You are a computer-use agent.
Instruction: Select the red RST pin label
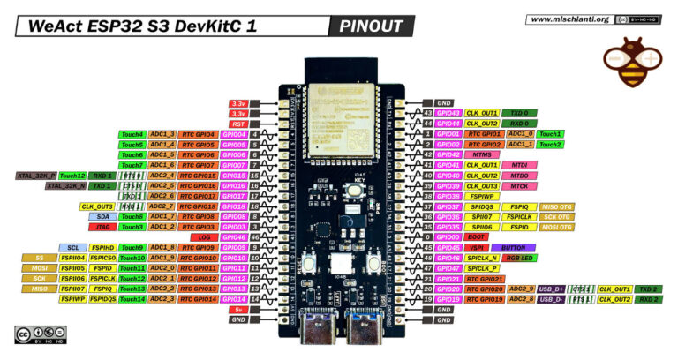click(238, 124)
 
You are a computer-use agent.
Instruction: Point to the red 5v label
click(238, 309)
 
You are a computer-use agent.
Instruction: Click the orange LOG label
click(204, 237)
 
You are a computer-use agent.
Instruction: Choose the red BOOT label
click(478, 237)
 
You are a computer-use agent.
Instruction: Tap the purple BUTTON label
click(512, 248)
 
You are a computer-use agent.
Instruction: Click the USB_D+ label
click(551, 289)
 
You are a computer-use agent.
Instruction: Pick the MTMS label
click(482, 154)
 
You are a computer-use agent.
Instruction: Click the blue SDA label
click(102, 216)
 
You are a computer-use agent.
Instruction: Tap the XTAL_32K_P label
click(36, 176)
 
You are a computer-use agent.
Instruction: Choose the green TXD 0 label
click(521, 114)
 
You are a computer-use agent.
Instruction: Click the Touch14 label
click(132, 299)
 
